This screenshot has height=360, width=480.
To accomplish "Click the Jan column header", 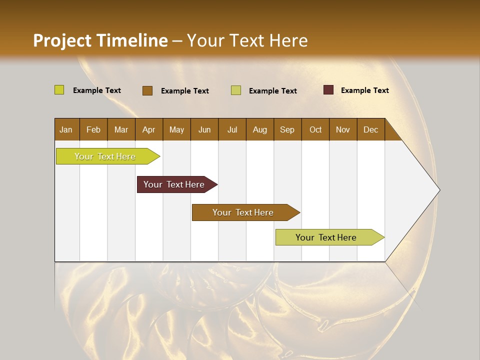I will coord(66,129).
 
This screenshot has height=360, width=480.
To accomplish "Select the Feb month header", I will coord(93,129).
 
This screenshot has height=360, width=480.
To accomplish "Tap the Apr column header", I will coord(149,129).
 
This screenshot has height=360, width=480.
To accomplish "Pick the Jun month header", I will coord(204,129).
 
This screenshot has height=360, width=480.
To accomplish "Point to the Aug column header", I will coord(260,129).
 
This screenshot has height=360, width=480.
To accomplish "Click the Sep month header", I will coord(287,129).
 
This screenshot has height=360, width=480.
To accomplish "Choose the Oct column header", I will coord(315,129).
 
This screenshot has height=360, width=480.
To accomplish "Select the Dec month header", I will coord(371,129).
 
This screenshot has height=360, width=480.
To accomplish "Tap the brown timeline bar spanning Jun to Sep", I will coord(244,212).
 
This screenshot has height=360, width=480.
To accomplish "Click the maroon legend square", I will coord(328,90).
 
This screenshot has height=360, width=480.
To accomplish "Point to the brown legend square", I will coord(147,90).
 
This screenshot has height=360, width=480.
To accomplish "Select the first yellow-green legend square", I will coord(59,90).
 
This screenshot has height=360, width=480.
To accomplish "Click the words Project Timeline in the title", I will coord(100,40).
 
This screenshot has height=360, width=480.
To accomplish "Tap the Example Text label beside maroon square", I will coord(365,90).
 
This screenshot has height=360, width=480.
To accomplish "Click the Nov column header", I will coord(343,129).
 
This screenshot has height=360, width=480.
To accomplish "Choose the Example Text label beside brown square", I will coord(185,91).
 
